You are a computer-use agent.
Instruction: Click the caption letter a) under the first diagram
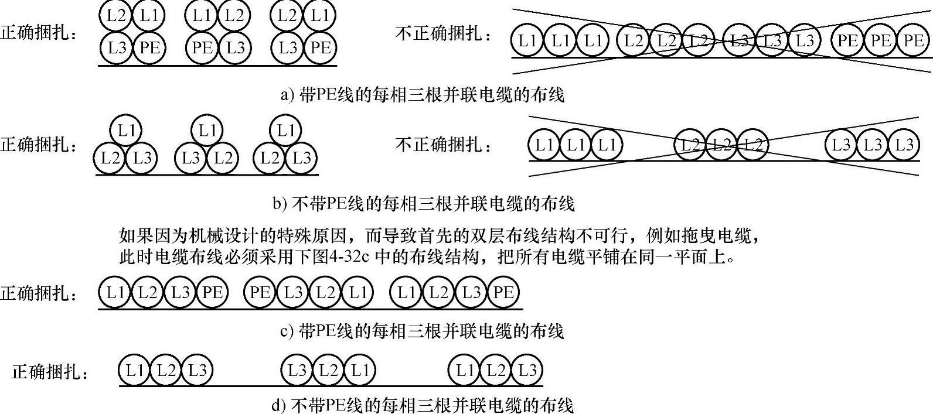pyautogui.click(x=287, y=95)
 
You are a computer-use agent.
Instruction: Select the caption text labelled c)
pyautogui.click(x=422, y=331)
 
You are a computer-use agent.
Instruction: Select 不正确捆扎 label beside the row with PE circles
pyautogui.click(x=444, y=33)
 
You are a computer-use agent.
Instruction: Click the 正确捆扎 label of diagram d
pyautogui.click(x=50, y=371)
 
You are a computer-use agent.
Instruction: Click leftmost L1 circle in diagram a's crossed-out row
pyautogui.click(x=528, y=40)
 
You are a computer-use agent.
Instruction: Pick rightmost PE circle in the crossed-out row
pyautogui.click(x=913, y=40)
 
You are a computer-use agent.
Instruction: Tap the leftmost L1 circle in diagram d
pyautogui.click(x=135, y=370)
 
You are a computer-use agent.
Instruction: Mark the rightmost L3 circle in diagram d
pyautogui.click(x=527, y=370)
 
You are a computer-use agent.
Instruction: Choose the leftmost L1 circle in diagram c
pyautogui.click(x=115, y=293)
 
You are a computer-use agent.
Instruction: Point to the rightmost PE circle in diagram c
pyautogui.click(x=503, y=293)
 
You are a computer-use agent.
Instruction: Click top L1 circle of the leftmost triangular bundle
pyautogui.click(x=127, y=129)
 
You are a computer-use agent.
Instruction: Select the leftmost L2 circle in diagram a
pyautogui.click(x=116, y=16)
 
